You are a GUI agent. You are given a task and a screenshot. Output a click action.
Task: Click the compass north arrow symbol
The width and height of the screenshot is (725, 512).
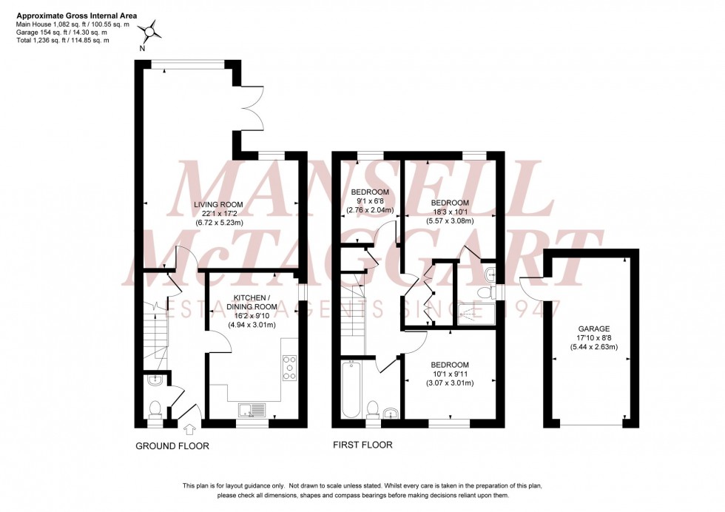coord(152,33)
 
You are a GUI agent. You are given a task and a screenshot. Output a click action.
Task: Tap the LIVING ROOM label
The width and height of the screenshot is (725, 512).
coord(219,204)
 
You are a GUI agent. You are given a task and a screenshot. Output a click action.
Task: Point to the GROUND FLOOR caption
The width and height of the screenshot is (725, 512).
coord(172,446)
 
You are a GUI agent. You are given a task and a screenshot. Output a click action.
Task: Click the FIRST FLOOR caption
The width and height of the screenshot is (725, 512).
coord(362,445)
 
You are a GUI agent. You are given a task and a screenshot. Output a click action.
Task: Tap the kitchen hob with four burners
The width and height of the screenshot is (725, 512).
coord(289,367)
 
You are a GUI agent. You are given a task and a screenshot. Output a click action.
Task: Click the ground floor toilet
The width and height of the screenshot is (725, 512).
coord(155,408)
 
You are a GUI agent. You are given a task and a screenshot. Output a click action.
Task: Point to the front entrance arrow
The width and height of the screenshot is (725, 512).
coord(189,428)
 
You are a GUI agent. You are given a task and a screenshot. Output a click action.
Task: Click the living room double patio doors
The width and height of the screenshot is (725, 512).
coord(249,115)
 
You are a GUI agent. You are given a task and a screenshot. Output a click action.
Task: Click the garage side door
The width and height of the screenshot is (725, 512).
coord(532,285)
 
